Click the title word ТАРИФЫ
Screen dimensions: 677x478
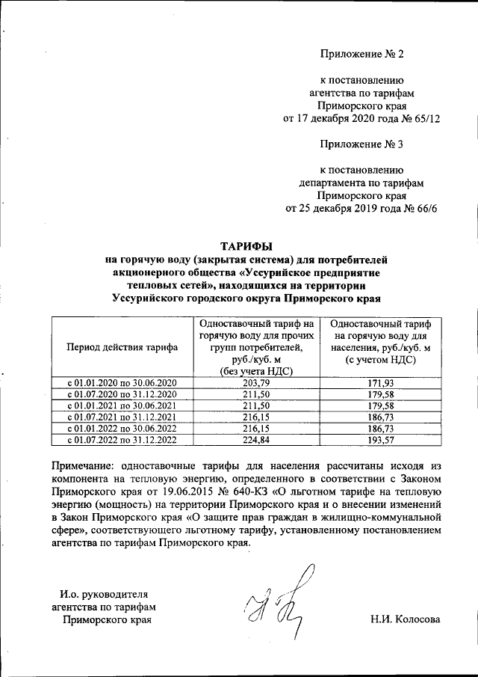click(x=246, y=245)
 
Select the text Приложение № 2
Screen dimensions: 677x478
click(x=361, y=55)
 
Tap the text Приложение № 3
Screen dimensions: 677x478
click(x=361, y=144)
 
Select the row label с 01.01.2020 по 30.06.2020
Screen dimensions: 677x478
click(x=121, y=383)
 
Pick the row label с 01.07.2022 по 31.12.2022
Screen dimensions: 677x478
click(x=121, y=439)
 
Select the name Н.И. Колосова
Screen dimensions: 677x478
click(x=406, y=619)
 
